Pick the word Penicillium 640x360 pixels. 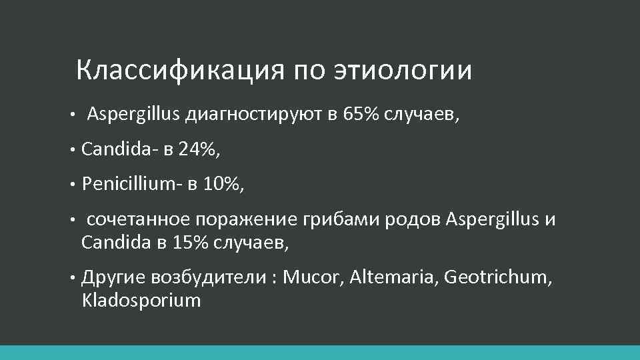pyautogui.click(x=127, y=185)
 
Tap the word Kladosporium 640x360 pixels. pyautogui.click(x=141, y=300)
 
